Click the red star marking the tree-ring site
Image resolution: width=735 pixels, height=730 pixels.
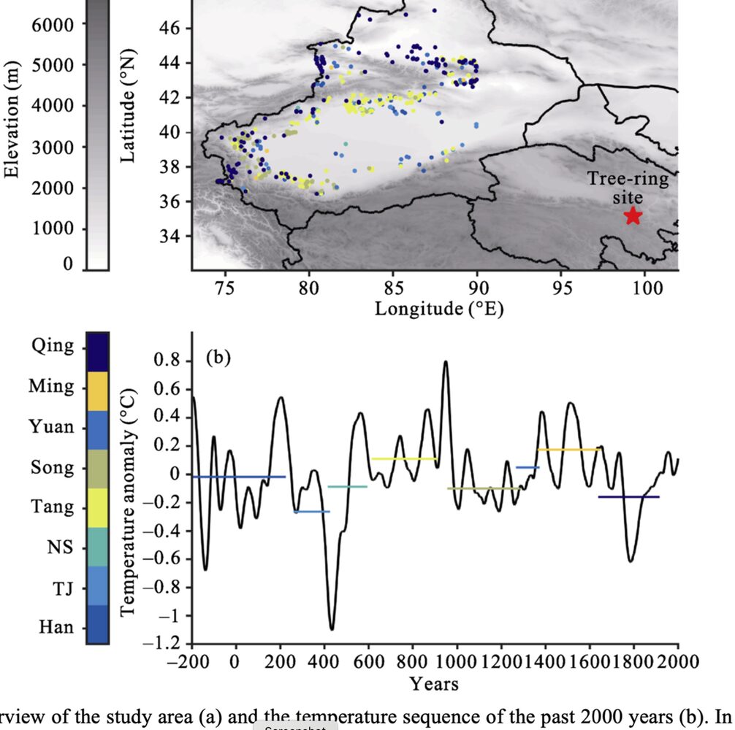[633, 215]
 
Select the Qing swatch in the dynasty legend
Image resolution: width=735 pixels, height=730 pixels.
[97, 352]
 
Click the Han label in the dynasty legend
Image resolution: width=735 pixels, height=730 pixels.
[57, 626]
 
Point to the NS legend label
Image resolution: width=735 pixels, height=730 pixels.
[61, 546]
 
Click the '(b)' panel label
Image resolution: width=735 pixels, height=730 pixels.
[218, 358]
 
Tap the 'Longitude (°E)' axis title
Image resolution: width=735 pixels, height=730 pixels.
[438, 309]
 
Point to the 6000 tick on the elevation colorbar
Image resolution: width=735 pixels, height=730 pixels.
[53, 24]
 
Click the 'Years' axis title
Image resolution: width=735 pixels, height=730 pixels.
[434, 684]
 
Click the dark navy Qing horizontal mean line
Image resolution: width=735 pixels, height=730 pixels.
[628, 496]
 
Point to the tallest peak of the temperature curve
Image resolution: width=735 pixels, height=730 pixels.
[445, 362]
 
